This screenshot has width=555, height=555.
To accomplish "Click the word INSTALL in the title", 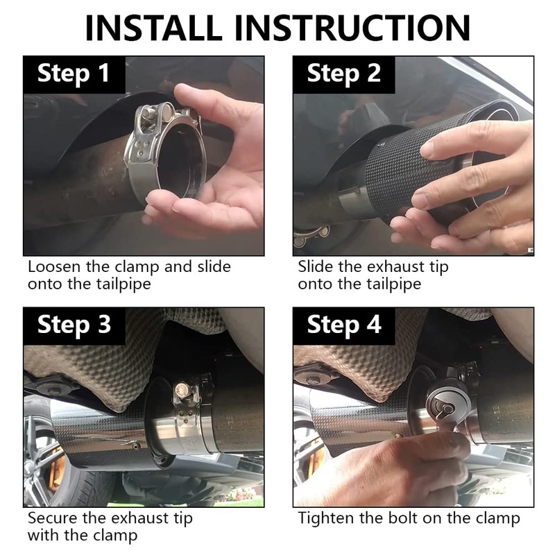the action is point(153,28).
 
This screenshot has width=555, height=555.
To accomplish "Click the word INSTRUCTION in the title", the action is point(352,28).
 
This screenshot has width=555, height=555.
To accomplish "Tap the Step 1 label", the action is point(74,74).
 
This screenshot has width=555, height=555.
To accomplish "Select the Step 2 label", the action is point(343,74).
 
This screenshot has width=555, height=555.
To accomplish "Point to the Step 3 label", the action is point(74,325).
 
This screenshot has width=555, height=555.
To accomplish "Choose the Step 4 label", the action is point(344,325).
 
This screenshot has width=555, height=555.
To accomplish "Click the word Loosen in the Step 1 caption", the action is point(54,266).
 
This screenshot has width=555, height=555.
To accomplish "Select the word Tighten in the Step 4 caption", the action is point(326,518).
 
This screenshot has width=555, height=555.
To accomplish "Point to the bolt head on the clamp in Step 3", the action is point(182,391).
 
